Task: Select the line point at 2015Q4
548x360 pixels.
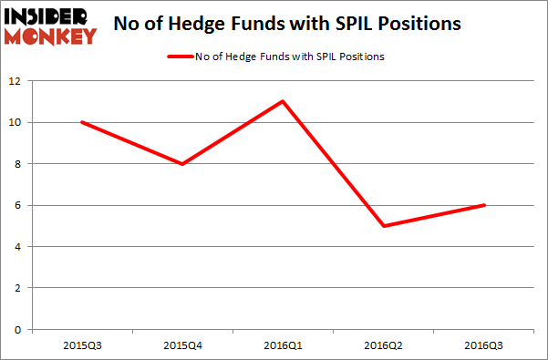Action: (182, 164)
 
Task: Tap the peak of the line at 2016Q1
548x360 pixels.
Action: (284, 101)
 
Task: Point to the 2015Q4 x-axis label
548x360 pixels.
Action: (182, 345)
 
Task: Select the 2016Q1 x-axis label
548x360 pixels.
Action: (284, 345)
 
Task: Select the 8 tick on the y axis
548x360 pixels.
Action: (18, 164)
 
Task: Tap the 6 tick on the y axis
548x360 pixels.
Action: (18, 205)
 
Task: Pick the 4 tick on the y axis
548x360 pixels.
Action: (18, 247)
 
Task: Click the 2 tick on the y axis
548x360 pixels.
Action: (18, 288)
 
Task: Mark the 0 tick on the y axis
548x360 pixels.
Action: (18, 330)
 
